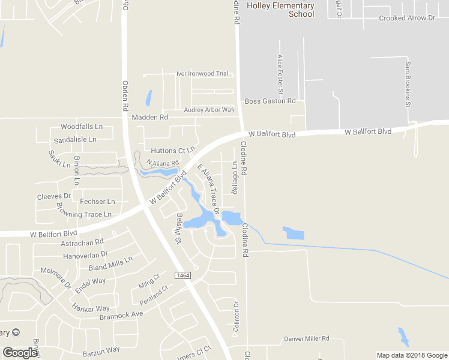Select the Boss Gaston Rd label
[271, 101]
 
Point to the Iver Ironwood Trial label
[202, 74]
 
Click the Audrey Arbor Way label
[208, 110]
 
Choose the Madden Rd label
[150, 118]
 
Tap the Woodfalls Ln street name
[82, 127]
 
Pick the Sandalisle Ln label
[75, 139]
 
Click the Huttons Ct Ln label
[173, 150]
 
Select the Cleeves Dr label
[54, 196]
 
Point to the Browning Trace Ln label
[84, 210]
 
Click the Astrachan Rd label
[82, 242]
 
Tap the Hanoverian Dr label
[85, 254]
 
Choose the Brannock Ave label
[121, 314]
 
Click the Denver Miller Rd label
[307, 338]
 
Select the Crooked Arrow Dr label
[406, 19]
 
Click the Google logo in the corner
[20, 353]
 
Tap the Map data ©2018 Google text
[412, 355]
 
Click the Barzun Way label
[101, 349]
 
